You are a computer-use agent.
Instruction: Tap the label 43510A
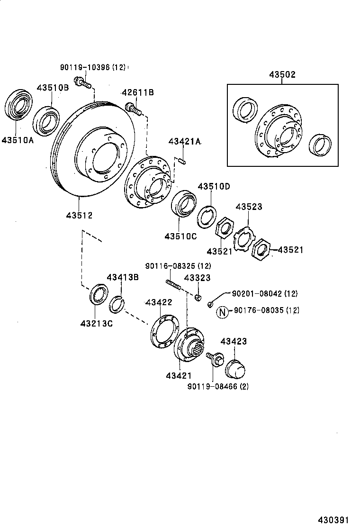(18, 140)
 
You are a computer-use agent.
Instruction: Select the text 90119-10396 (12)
(93, 68)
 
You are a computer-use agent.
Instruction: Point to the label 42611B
(137, 92)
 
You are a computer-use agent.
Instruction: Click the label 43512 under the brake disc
(79, 215)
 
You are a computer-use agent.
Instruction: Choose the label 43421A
(185, 142)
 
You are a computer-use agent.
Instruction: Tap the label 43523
(249, 207)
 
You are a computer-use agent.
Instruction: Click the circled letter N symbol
(222, 311)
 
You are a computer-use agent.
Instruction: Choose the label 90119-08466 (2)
(218, 386)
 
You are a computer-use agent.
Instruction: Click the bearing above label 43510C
(183, 203)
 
